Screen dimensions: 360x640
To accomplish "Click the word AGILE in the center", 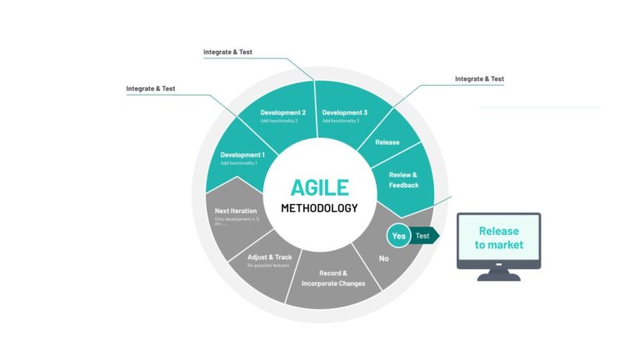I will pyautogui.click(x=319, y=187).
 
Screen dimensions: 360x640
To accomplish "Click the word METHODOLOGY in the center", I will pyautogui.click(x=319, y=207).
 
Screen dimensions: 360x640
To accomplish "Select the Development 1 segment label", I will pyautogui.click(x=242, y=155).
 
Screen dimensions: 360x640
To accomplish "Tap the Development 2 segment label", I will pyautogui.click(x=282, y=112).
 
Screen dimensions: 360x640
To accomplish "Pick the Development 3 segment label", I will pyautogui.click(x=345, y=112).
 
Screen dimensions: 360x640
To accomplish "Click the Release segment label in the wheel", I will pyautogui.click(x=387, y=142).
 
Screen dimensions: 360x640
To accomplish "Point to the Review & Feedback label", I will pyautogui.click(x=403, y=179).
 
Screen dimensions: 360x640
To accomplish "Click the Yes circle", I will pyautogui.click(x=399, y=236).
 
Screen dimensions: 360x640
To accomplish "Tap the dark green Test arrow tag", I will pyautogui.click(x=425, y=236).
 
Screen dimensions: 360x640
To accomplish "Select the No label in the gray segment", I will pyautogui.click(x=384, y=258).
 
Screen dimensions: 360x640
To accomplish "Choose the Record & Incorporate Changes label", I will pyautogui.click(x=331, y=278).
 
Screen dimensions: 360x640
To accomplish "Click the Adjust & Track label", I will pyautogui.click(x=269, y=257).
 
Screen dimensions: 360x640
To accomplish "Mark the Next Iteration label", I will pyautogui.click(x=236, y=211).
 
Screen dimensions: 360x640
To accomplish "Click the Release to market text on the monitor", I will pyautogui.click(x=498, y=238).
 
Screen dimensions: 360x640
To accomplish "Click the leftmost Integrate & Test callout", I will pyautogui.click(x=151, y=88).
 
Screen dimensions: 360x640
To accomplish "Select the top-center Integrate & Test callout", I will pyautogui.click(x=227, y=52).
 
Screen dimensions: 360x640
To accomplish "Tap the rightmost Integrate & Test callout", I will pyautogui.click(x=479, y=79).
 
